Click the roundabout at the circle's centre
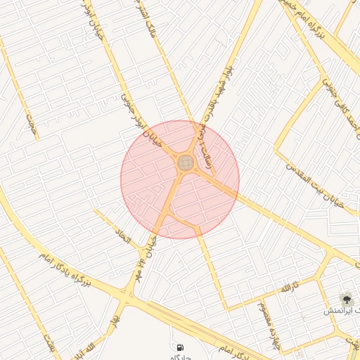click(186, 164)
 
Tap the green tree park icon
click(346, 298)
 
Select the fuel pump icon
click(181, 347)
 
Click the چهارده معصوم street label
click(262, 328)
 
